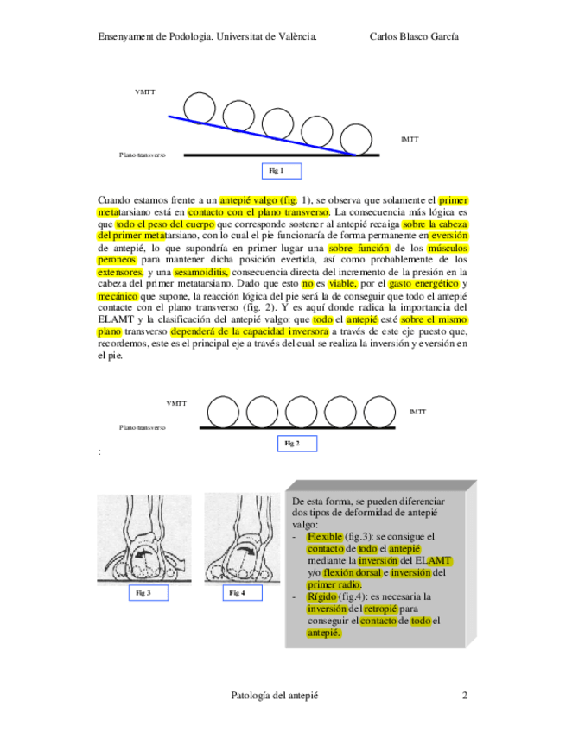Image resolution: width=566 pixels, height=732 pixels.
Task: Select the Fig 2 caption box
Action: click(293, 444)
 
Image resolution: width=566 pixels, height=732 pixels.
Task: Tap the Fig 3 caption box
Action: click(144, 593)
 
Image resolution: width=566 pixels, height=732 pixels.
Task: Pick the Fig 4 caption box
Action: click(237, 593)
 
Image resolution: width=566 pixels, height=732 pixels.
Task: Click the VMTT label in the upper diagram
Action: click(145, 91)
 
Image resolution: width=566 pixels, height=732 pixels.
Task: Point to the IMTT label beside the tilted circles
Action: click(410, 139)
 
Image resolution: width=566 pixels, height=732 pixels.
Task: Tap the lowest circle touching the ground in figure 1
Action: click(355, 140)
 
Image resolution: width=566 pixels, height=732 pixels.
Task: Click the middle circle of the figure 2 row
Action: click(303, 412)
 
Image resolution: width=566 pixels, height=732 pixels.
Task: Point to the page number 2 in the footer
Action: click(464, 696)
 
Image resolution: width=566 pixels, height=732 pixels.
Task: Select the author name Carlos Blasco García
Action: click(414, 36)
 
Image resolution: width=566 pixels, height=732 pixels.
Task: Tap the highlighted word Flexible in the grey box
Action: click(325, 537)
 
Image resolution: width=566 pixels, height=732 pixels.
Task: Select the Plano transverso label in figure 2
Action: click(143, 427)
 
